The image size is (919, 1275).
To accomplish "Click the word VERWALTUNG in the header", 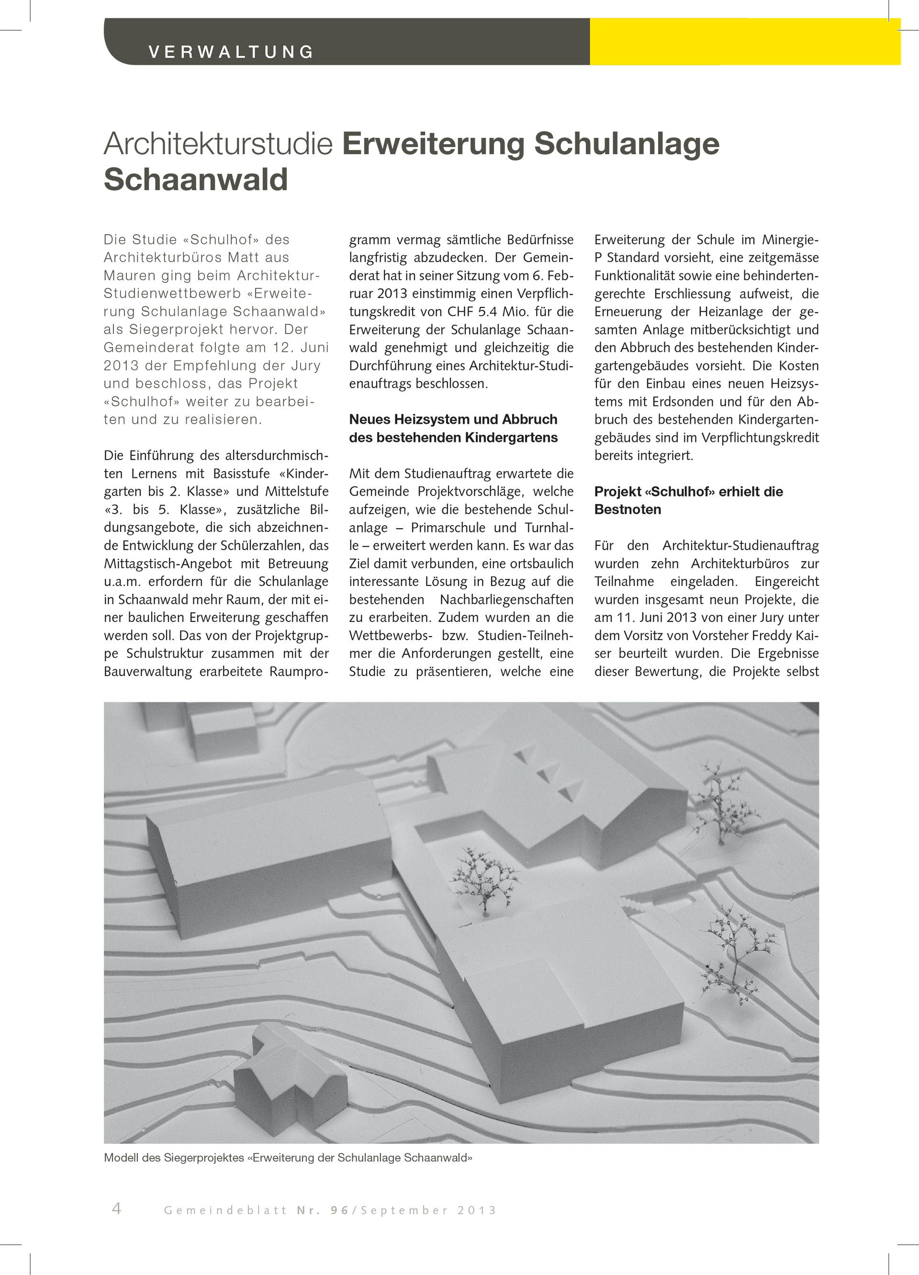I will (x=231, y=52).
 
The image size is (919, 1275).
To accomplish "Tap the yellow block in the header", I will (x=745, y=42).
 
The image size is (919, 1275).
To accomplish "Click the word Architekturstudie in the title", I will (x=219, y=144).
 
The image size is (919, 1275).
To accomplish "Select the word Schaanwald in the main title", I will (x=196, y=180).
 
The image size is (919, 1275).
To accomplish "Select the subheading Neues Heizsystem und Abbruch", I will (x=453, y=419).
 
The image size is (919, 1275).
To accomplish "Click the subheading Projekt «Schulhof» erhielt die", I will (x=689, y=491).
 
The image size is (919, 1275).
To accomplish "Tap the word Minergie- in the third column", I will (x=790, y=239).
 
